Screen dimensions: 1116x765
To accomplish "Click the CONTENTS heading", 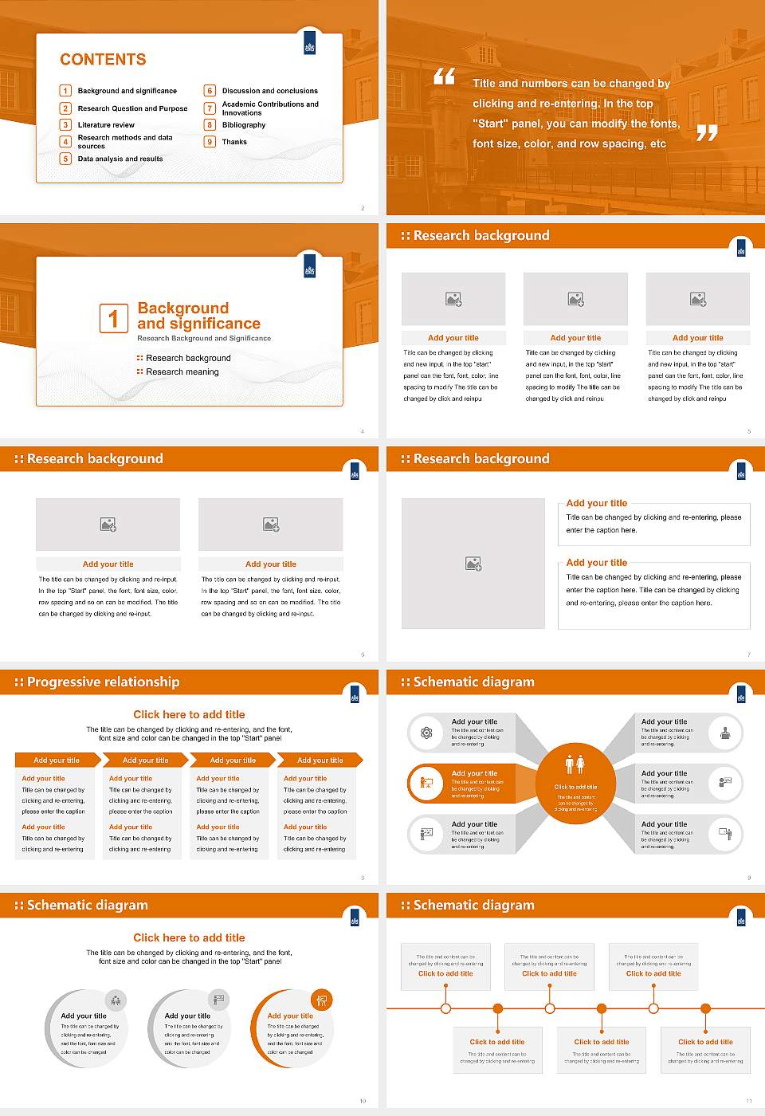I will click(103, 60).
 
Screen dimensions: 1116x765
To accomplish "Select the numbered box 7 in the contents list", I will click(210, 108).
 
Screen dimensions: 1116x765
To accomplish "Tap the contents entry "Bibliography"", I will click(244, 125).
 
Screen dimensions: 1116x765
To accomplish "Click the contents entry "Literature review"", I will click(106, 125).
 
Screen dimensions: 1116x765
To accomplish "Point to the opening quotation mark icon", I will click(444, 77).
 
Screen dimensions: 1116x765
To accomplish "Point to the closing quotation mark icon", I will click(707, 133).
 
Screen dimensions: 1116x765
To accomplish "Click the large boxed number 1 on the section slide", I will click(113, 318).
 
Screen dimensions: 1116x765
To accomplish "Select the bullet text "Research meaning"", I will click(182, 372).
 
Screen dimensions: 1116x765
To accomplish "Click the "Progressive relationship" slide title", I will click(103, 682).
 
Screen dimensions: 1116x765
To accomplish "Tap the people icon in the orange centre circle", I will click(575, 764).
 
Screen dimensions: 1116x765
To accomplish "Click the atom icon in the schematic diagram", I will click(426, 733).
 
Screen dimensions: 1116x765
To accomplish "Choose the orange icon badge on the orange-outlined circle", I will click(322, 1000).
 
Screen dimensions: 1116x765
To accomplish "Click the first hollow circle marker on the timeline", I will click(445, 1008).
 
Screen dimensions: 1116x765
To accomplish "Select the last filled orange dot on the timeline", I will click(705, 1008).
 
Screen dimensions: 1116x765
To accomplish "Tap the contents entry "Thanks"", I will click(234, 142).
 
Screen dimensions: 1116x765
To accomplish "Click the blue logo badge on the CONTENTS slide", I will click(310, 47).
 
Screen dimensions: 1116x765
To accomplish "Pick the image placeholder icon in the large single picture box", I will click(473, 564).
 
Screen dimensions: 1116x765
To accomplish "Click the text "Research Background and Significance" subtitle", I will click(204, 339).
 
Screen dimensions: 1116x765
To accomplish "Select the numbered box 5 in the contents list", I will click(66, 159).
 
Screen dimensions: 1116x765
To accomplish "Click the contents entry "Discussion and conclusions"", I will click(269, 91).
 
